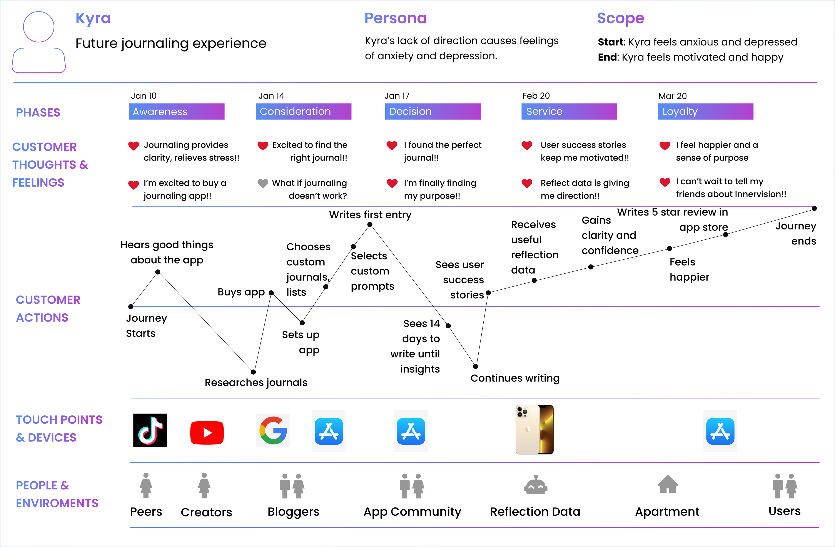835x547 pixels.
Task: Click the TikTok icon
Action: coord(150,430)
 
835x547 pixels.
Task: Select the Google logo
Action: coord(273,430)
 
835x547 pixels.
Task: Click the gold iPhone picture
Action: coord(534,430)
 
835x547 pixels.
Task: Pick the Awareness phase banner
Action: coord(177,112)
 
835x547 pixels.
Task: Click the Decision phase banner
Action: coord(433,112)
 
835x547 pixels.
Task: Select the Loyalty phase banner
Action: coord(705,112)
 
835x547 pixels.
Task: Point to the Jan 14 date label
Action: coord(271,96)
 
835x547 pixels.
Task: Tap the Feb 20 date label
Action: coord(536,96)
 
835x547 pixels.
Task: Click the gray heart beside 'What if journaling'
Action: coord(263,183)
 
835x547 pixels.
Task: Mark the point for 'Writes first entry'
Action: coord(370,224)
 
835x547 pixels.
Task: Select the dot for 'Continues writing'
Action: coord(475,366)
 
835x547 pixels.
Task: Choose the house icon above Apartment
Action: coord(668,485)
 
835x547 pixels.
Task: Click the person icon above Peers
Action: coord(146,486)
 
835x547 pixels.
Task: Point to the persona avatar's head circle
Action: coord(38,27)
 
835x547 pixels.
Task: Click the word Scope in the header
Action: coord(620,18)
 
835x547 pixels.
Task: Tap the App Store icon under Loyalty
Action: coord(720,431)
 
